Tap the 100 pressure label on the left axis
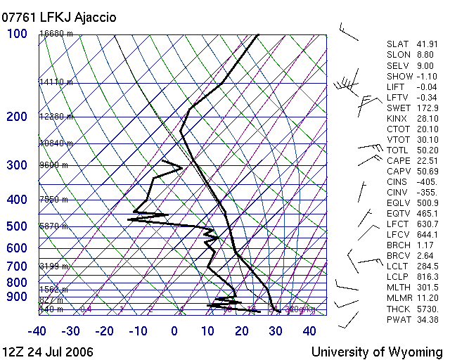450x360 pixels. (x=18, y=34)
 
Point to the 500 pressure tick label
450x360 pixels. (x=17, y=226)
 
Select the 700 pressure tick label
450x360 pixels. (x=17, y=266)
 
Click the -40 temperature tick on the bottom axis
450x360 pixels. (x=37, y=330)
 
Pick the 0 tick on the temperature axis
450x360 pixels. (x=174, y=330)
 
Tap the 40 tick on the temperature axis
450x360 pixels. (x=309, y=330)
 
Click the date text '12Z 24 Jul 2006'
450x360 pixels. (x=47, y=351)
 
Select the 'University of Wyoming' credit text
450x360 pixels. (x=377, y=351)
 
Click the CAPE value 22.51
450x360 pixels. (x=427, y=160)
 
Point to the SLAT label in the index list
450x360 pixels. (x=397, y=44)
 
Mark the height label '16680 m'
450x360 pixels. (x=56, y=34)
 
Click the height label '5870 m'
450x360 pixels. (x=53, y=226)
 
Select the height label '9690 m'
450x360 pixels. (x=53, y=165)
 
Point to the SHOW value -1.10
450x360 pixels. (x=426, y=76)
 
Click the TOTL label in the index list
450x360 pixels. (x=397, y=150)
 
